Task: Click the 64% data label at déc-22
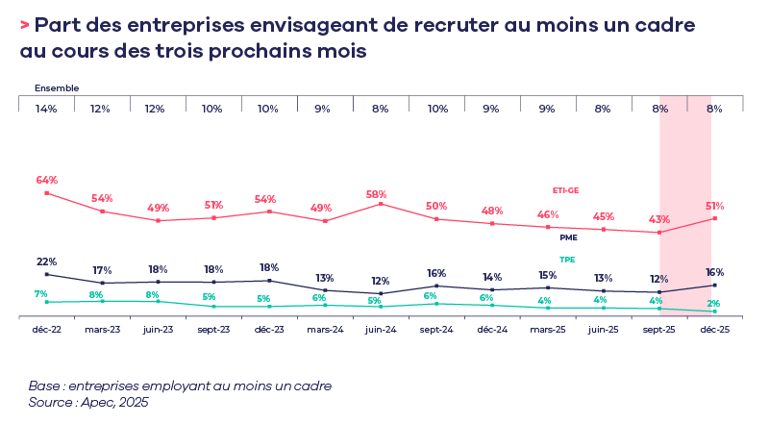pos(46,180)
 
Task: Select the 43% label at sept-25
pos(659,219)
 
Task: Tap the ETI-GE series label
pos(565,189)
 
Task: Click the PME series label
pos(568,236)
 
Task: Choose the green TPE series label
pos(567,260)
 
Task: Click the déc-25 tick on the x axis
pos(714,329)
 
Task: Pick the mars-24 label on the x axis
pos(325,329)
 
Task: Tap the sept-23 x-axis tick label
pos(213,329)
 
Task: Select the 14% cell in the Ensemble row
pos(46,109)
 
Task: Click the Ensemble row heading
pos(57,87)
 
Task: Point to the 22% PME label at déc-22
pos(46,261)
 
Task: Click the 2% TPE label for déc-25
pos(714,303)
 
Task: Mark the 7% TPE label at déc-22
pos(40,294)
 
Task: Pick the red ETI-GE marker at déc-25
pos(714,218)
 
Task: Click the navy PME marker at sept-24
pos(436,286)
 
